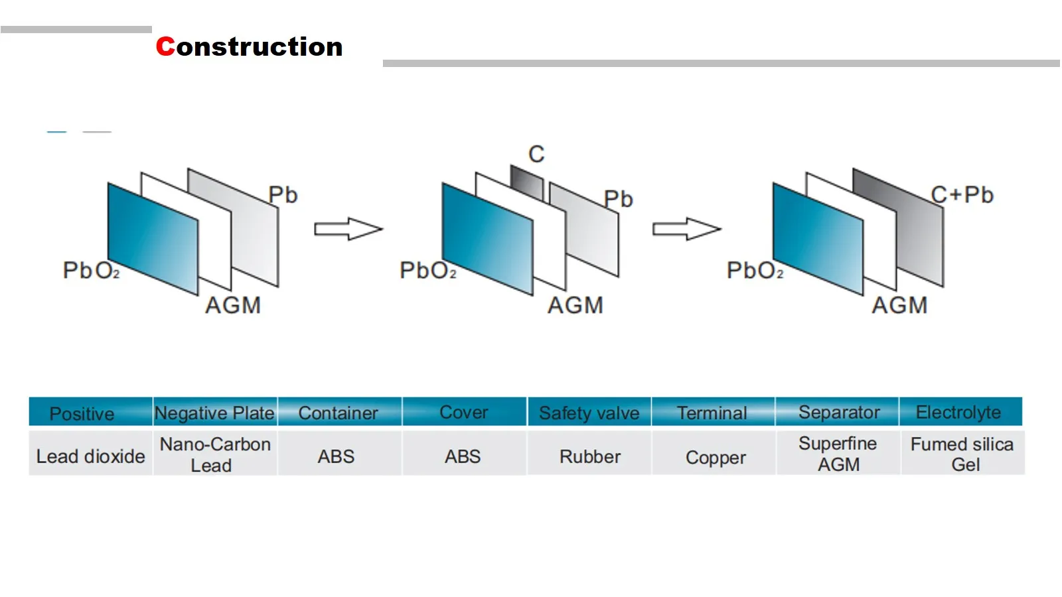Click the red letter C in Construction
point(165,46)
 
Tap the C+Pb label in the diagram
point(962,195)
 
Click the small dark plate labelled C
point(527,182)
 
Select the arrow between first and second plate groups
point(348,229)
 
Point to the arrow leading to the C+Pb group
point(687,229)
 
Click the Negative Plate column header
point(215,412)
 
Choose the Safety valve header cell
point(589,412)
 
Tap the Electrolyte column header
point(960,412)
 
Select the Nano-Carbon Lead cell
point(215,453)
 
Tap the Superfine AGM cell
point(838,453)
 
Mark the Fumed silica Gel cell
point(962,453)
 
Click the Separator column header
point(837,412)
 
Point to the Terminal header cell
point(713,412)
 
